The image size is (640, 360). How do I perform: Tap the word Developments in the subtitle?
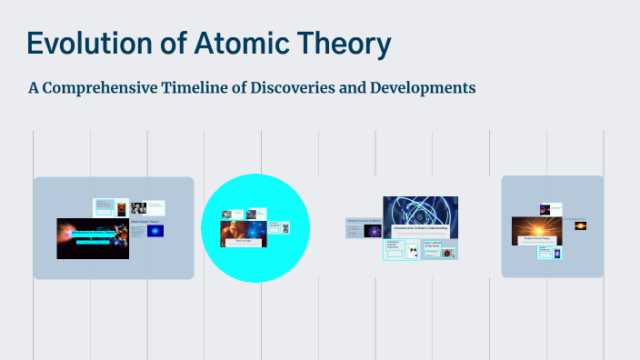423,88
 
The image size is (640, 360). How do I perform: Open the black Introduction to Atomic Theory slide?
92,238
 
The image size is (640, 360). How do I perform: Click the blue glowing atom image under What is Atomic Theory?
155,231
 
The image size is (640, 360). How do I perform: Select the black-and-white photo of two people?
138,207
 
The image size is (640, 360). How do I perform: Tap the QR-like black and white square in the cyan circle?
285,228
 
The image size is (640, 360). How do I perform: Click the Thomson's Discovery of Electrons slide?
363,227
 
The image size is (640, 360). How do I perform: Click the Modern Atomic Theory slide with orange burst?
534,231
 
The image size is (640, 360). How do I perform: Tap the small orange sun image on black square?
580,225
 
